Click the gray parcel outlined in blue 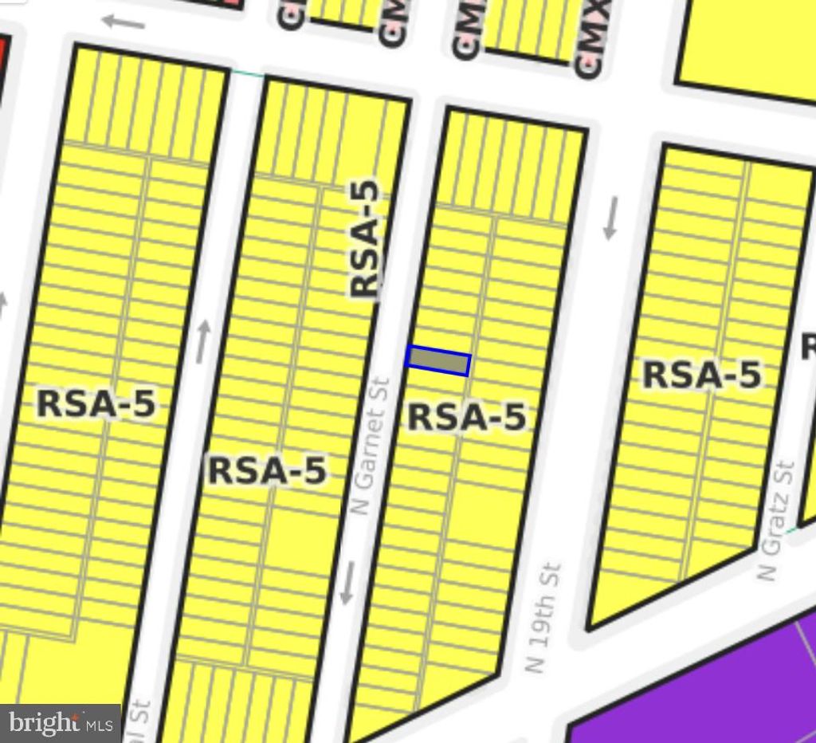click(438, 362)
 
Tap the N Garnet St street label click(369, 446)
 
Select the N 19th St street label click(545, 618)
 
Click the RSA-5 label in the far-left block click(96, 404)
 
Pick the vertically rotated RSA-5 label click(365, 239)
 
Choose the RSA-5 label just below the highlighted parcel click(467, 417)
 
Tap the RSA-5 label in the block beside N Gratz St click(701, 375)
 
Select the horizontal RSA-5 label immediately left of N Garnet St click(267, 470)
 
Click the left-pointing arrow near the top click(124, 22)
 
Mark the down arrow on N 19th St click(610, 218)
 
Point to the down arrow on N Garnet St click(347, 582)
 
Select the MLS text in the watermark click(100, 725)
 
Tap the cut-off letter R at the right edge click(808, 347)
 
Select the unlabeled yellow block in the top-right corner click(749, 44)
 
